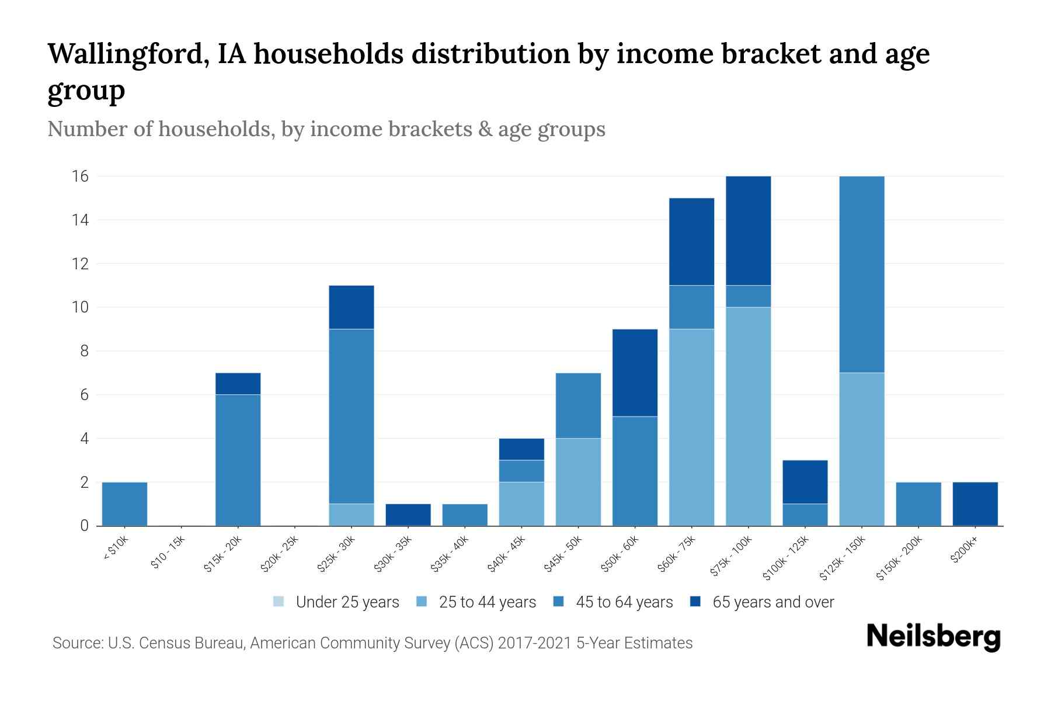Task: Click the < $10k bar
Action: [124, 504]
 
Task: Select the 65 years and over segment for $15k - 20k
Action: [238, 384]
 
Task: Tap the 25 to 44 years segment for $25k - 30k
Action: [352, 515]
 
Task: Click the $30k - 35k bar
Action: [408, 515]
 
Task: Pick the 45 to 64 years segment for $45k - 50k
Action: [578, 405]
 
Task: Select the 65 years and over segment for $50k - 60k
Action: [635, 373]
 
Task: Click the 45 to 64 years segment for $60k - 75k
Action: [691, 307]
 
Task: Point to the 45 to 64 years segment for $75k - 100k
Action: [748, 296]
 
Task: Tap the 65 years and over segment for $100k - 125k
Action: [805, 482]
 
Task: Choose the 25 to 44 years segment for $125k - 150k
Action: [861, 449]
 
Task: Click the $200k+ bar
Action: [975, 504]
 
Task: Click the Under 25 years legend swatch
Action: [279, 602]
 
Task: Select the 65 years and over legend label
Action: [773, 602]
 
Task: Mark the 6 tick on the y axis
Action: [84, 395]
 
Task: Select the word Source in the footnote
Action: [76, 643]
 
